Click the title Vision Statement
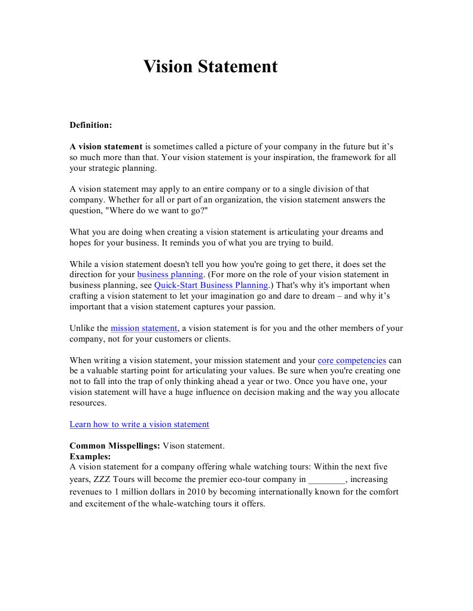(x=210, y=66)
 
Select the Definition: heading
(x=91, y=125)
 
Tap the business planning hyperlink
(x=170, y=275)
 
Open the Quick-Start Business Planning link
(x=211, y=285)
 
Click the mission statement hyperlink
(x=144, y=328)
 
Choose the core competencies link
(x=352, y=361)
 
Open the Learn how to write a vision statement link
(x=139, y=425)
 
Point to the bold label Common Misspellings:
(x=115, y=446)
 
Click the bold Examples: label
(x=90, y=456)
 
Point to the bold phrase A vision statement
(x=106, y=146)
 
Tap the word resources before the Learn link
(x=88, y=403)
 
